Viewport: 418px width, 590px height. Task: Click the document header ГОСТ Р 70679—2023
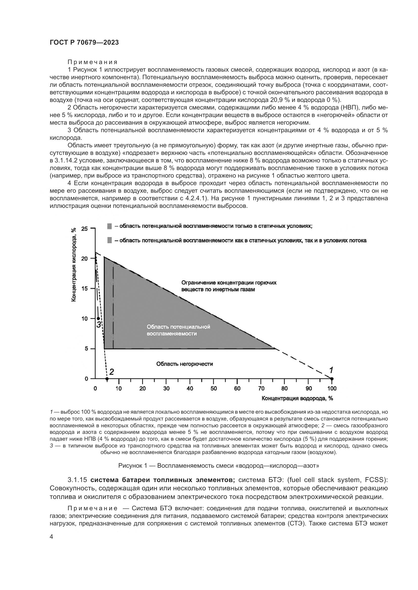click(x=84, y=43)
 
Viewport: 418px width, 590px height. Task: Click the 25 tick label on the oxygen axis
click(x=84, y=229)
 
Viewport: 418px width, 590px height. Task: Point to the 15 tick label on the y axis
click(x=84, y=289)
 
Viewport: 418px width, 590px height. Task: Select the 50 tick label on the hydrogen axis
click(x=214, y=389)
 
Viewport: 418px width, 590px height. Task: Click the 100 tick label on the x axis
click(x=332, y=389)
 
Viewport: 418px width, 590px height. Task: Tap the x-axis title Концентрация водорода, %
click(x=297, y=398)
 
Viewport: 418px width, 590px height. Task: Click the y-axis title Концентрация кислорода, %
click(x=74, y=265)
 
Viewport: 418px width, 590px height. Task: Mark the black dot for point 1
click(x=332, y=379)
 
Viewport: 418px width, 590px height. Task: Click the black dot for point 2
click(x=107, y=379)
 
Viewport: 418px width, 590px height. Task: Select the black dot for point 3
click(x=98, y=319)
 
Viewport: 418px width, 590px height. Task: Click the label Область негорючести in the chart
click(x=184, y=364)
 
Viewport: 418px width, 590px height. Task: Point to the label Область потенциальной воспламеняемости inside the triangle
click(x=178, y=330)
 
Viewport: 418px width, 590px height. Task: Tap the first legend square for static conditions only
click(x=109, y=226)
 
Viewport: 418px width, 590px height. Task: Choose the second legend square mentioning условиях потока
click(x=109, y=241)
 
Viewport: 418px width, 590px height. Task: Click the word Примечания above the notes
click(x=92, y=62)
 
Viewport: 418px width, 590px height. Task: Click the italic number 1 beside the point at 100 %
click(x=331, y=370)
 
